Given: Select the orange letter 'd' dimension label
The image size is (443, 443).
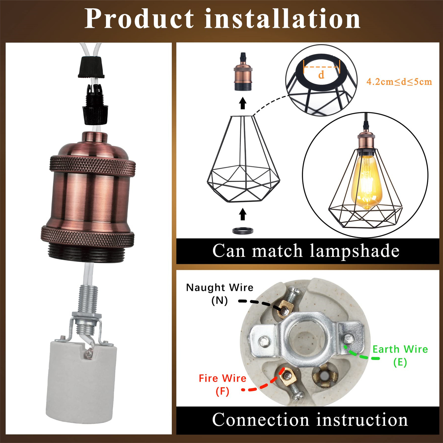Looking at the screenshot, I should pyautogui.click(x=321, y=74).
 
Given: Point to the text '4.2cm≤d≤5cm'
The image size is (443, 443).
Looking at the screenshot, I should pyautogui.click(x=399, y=82).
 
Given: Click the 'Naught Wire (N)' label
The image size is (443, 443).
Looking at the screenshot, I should pyautogui.click(x=220, y=294).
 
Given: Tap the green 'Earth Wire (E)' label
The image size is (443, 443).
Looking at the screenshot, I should pyautogui.click(x=400, y=355).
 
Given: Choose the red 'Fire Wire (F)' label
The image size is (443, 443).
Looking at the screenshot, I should pyautogui.click(x=222, y=385).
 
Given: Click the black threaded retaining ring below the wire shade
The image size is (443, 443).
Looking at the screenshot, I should pyautogui.click(x=243, y=230).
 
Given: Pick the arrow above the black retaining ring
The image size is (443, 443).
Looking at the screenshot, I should pyautogui.click(x=243, y=214).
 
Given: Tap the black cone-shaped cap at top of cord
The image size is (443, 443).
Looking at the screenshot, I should pyautogui.click(x=91, y=67).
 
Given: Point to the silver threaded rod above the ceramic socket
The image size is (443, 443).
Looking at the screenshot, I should pyautogui.click(x=88, y=299).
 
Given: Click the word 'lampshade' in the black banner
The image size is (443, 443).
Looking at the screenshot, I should pyautogui.click(x=354, y=251).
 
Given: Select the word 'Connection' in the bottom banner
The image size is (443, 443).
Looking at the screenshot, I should pyautogui.click(x=260, y=420).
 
